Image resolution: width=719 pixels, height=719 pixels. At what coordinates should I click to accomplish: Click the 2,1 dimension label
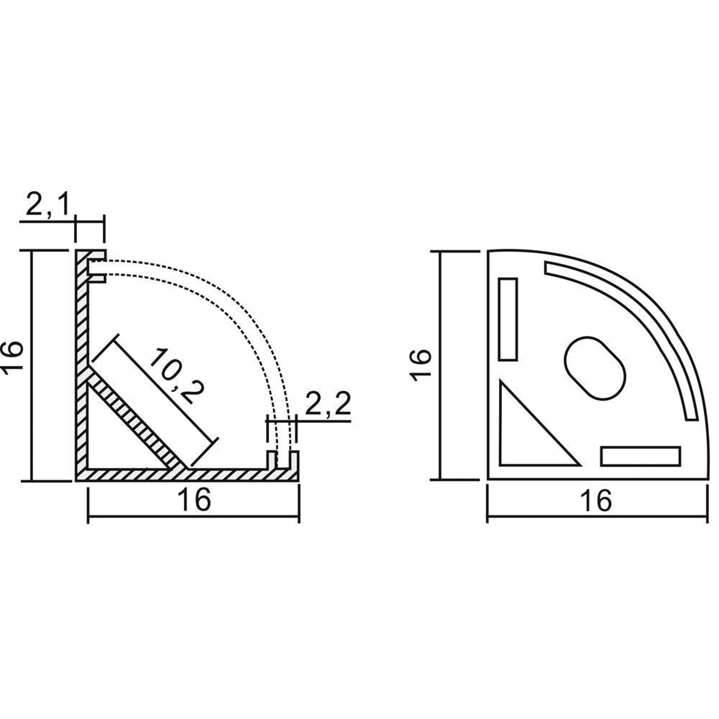(x=48, y=204)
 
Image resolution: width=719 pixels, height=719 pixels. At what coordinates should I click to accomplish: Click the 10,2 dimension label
(x=177, y=376)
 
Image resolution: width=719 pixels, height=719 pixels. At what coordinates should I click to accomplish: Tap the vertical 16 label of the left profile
(x=12, y=355)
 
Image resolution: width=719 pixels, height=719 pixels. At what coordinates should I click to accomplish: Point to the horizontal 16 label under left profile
(x=194, y=500)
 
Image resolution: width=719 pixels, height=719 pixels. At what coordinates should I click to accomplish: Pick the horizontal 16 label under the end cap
(x=596, y=500)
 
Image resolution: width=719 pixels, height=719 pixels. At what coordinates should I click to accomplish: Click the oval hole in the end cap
(x=595, y=368)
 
